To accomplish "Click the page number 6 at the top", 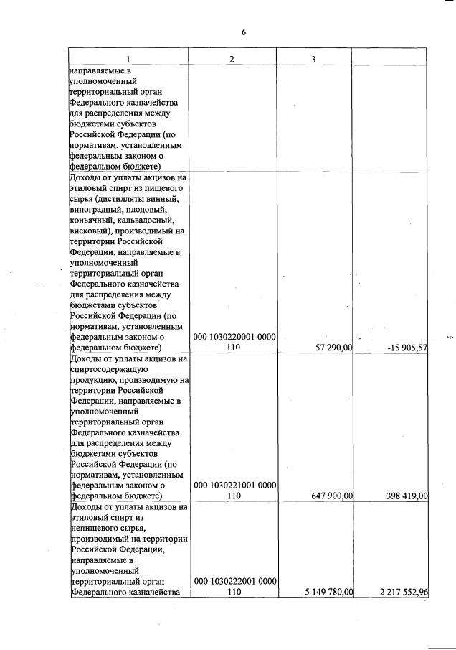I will tap(243, 32).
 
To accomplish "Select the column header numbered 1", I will tap(128, 59).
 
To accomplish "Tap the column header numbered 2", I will tap(232, 59).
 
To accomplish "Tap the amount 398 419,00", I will tap(402, 496).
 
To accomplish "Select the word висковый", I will tap(90, 231).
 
